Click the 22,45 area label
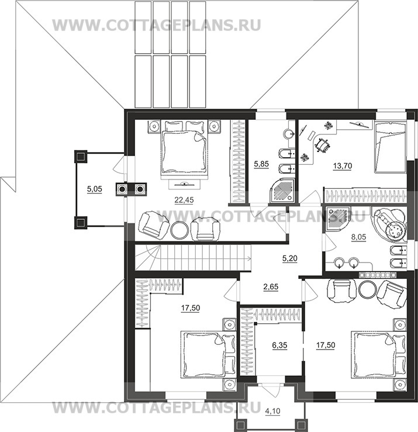(x=184, y=200)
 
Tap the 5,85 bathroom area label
(x=261, y=164)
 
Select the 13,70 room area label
(x=343, y=166)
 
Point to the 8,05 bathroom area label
(x=358, y=237)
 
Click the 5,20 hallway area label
(x=289, y=259)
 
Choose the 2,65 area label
(x=271, y=287)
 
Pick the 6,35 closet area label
(x=279, y=345)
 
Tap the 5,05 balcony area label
(x=95, y=189)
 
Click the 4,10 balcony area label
(x=272, y=412)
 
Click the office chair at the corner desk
(x=322, y=144)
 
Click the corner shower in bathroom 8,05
(x=337, y=220)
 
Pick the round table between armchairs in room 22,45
(x=179, y=230)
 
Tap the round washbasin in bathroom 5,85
(x=289, y=134)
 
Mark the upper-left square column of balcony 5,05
(x=81, y=157)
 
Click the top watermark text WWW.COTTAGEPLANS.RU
(x=157, y=25)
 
